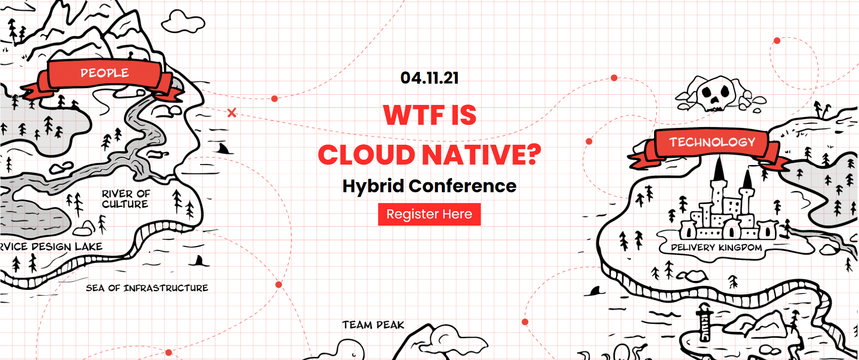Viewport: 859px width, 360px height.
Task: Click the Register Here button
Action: [x=429, y=214]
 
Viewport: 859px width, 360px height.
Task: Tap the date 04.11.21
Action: [x=429, y=78]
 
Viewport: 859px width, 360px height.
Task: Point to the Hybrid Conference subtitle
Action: [x=429, y=186]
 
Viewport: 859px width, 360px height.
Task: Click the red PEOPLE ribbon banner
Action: [x=104, y=77]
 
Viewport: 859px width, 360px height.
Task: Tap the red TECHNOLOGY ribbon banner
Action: [x=712, y=147]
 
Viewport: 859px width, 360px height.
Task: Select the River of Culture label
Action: [x=126, y=199]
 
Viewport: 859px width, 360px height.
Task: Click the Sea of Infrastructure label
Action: [x=147, y=288]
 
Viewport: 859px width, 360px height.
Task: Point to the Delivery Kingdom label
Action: [x=717, y=247]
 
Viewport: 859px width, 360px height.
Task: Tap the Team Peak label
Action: [x=373, y=325]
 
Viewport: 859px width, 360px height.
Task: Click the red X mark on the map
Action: [x=232, y=113]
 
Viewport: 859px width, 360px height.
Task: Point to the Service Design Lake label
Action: [x=51, y=246]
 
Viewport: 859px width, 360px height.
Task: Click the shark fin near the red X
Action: [x=223, y=148]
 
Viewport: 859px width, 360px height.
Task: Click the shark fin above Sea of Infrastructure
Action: [x=199, y=261]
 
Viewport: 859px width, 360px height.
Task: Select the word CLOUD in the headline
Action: [x=366, y=155]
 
